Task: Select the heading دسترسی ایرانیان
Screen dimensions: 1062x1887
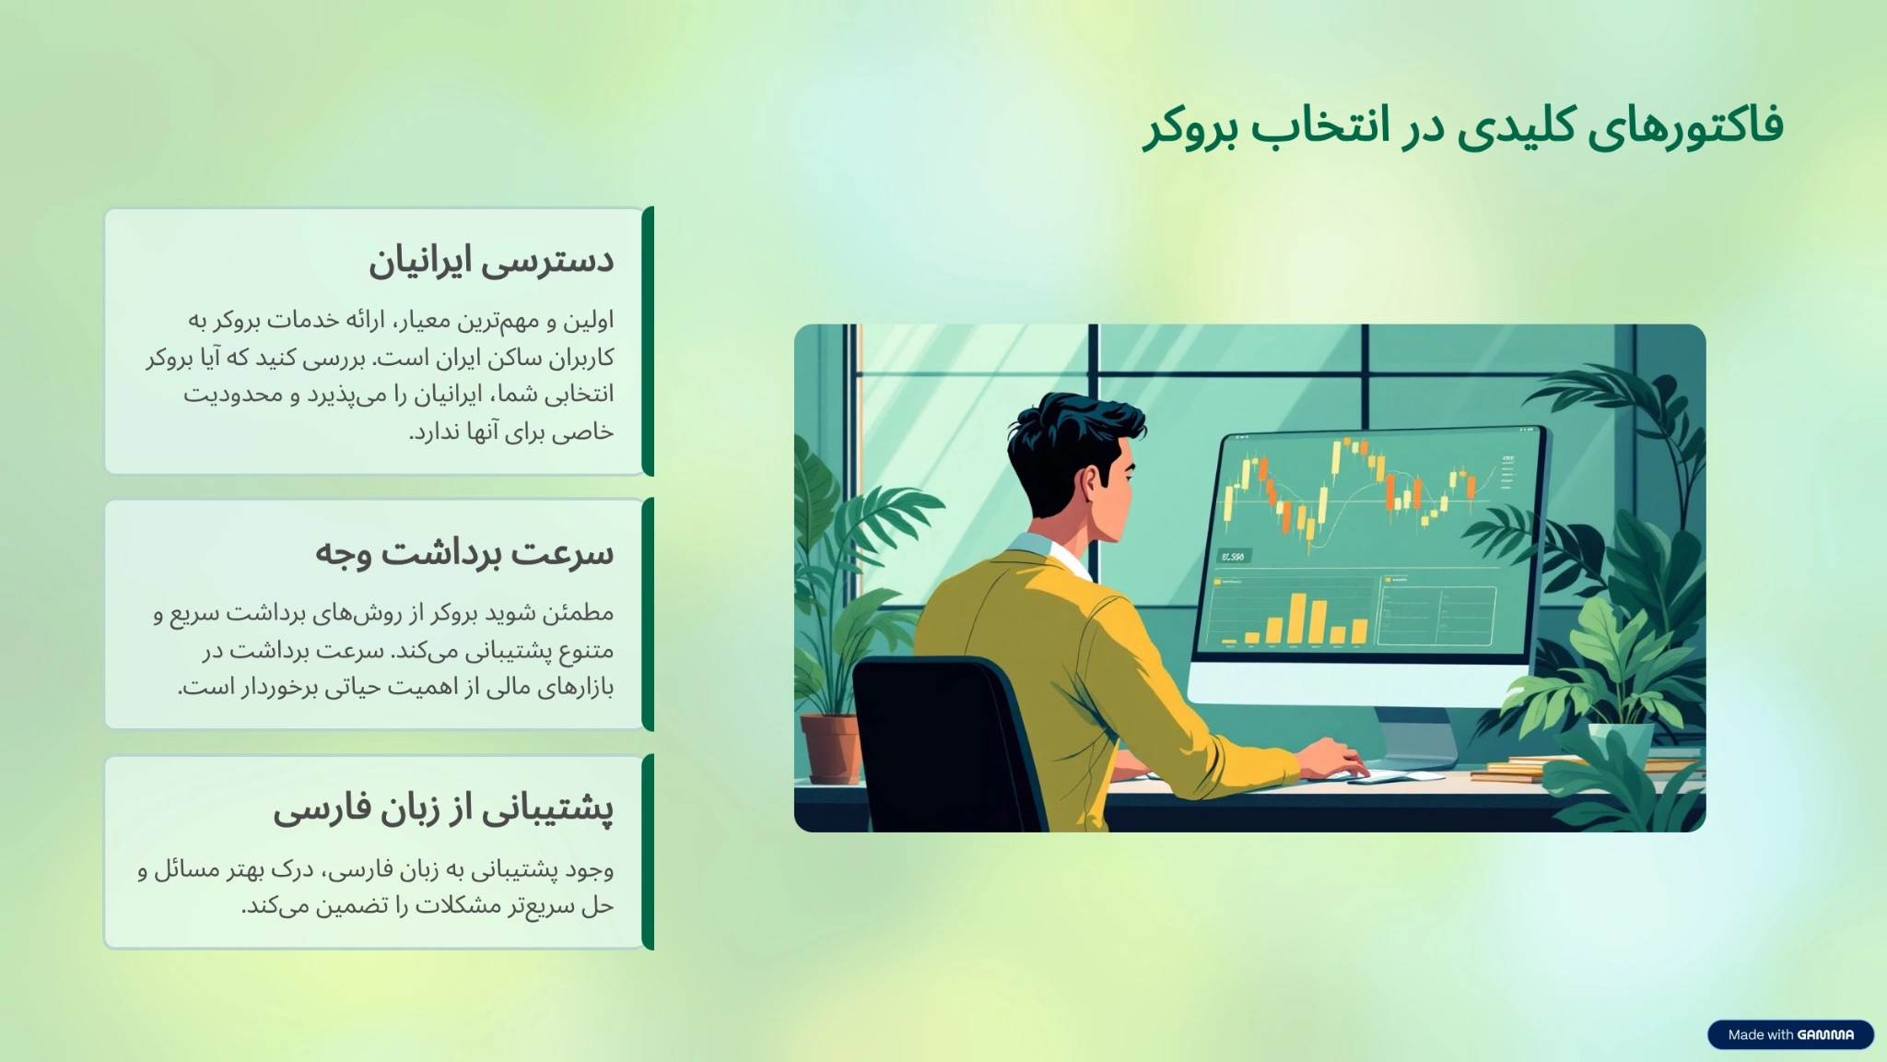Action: pos(491,261)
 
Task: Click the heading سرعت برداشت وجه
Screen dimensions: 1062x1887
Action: pos(464,553)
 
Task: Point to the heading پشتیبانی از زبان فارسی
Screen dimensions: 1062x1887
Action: pos(443,808)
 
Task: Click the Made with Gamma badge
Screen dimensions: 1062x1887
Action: pos(1790,1034)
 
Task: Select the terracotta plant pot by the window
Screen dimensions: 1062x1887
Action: pos(830,747)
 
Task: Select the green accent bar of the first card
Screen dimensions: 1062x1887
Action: pos(649,341)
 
